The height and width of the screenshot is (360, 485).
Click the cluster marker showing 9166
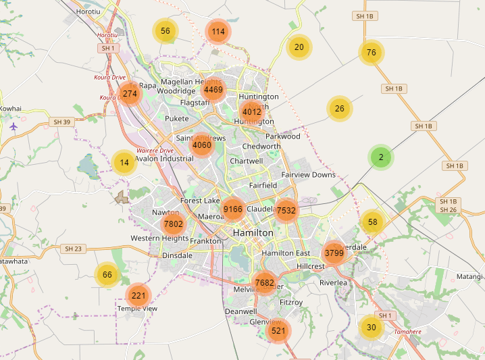click(233, 209)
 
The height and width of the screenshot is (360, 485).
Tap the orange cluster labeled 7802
click(174, 224)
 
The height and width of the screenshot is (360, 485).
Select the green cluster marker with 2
click(381, 157)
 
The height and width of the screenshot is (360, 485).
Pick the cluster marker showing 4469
click(213, 90)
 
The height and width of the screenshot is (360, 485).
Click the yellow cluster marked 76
click(371, 53)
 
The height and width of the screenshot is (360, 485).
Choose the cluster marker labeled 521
click(278, 331)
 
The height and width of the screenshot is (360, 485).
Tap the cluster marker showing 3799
click(334, 253)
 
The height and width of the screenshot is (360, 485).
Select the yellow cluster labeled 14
click(124, 162)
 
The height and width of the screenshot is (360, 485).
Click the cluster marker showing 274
click(130, 94)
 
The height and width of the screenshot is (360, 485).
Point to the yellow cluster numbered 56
click(165, 30)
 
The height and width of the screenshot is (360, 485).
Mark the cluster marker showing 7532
click(286, 211)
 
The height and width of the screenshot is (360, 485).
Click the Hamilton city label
click(253, 232)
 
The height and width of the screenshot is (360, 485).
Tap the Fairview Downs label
click(308, 174)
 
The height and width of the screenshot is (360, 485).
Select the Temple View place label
click(138, 309)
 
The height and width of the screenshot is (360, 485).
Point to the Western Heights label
click(159, 238)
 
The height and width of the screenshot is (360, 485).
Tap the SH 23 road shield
click(72, 249)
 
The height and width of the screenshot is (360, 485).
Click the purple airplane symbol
click(14, 126)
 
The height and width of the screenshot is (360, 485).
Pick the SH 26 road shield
click(449, 209)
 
